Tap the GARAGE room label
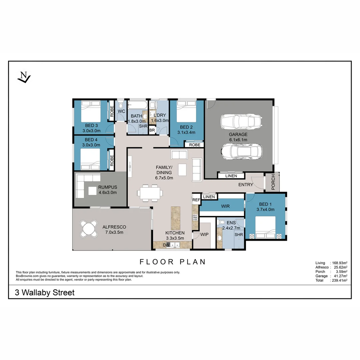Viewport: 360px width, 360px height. tap(238, 135)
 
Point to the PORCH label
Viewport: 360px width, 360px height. tap(273, 182)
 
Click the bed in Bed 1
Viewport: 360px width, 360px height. tap(265, 227)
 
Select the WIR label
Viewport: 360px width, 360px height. tap(226, 206)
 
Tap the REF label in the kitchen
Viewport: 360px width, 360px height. tap(196, 200)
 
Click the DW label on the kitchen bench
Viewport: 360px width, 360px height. tap(166, 245)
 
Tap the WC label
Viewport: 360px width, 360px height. tap(121, 111)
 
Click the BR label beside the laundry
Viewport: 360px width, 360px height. tap(152, 130)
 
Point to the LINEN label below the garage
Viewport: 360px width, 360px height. tap(231, 176)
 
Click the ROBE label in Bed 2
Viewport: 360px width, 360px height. tap(195, 145)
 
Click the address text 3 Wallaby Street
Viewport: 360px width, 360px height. tap(45, 293)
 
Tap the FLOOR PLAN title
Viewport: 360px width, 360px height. tap(172, 262)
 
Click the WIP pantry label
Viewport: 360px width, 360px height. tap(204, 234)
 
